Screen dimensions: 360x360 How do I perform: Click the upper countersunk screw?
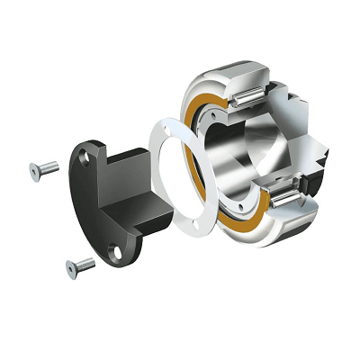(x=44, y=167)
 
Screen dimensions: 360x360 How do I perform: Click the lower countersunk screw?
(x=80, y=265)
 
